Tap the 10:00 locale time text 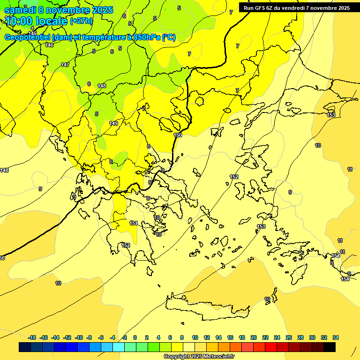point(36,21)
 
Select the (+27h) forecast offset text point(81,21)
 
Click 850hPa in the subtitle point(146,37)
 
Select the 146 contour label point(50,45)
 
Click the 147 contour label point(65,65)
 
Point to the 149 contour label point(113,123)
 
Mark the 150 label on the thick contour point(178,135)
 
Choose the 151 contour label point(134,224)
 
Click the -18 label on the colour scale point(32,337)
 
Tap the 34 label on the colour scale point(336,337)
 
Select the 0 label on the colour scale point(135,337)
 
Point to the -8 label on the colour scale point(90,337)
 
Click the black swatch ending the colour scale point(330,347)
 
